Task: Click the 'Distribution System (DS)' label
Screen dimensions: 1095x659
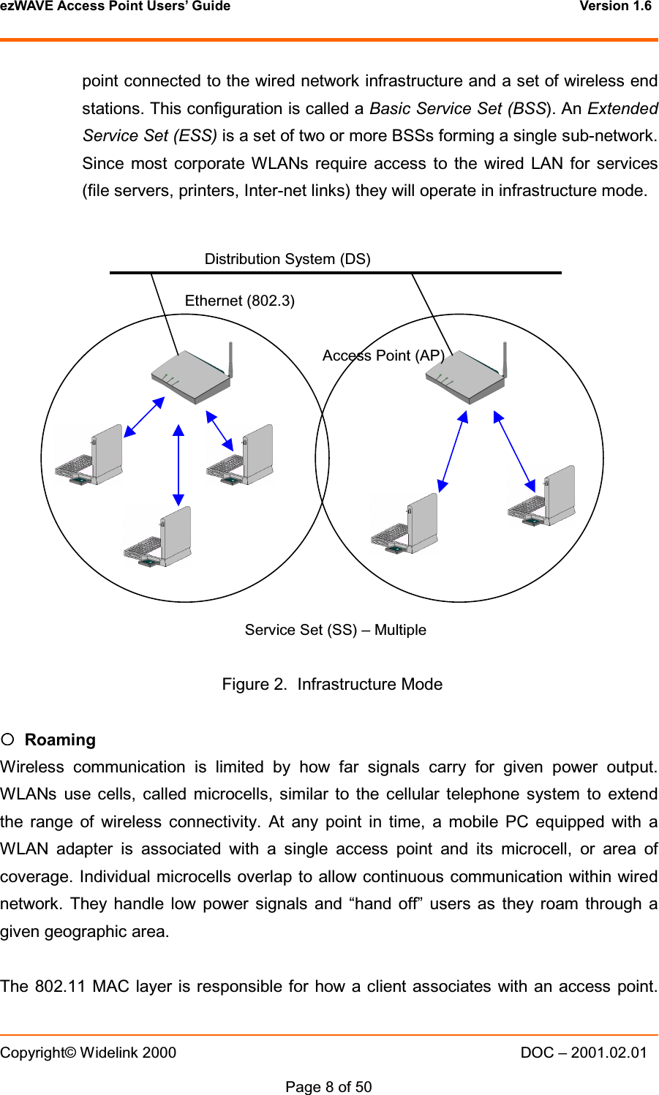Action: [287, 259]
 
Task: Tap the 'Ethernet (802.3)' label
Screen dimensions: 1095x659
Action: [240, 301]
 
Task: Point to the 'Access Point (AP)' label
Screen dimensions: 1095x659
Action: [383, 355]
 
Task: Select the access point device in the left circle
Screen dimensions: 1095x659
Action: [192, 376]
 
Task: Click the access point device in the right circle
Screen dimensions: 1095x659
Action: [466, 376]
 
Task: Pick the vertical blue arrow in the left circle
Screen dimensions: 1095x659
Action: [178, 465]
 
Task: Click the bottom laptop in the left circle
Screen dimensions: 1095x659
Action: [158, 538]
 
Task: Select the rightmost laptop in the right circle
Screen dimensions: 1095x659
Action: [542, 496]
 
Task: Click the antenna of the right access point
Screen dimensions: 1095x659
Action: [505, 358]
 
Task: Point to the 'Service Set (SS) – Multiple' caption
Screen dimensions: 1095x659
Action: [335, 630]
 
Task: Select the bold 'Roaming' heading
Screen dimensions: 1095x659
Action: [60, 740]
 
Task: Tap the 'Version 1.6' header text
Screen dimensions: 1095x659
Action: [615, 7]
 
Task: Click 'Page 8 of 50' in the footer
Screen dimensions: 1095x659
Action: [328, 1087]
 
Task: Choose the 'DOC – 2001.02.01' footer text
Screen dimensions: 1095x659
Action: [584, 1053]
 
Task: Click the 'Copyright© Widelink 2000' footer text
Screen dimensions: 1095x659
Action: [89, 1053]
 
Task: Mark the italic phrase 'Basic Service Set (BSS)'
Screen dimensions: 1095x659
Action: [459, 109]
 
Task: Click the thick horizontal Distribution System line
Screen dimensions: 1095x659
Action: [335, 272]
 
